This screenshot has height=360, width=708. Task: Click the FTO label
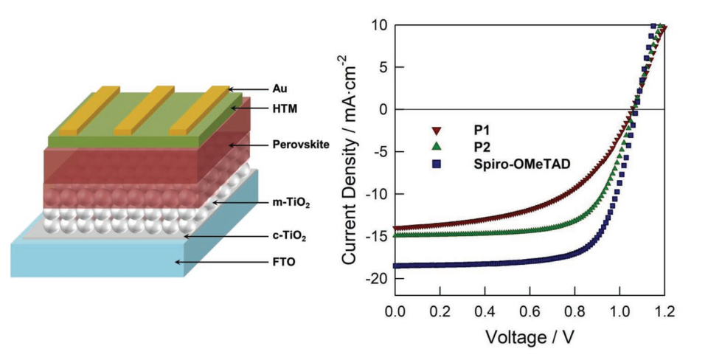click(262, 262)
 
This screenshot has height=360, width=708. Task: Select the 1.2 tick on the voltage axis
click(665, 312)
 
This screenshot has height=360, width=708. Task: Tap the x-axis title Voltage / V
click(530, 337)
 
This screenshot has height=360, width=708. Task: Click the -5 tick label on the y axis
click(381, 152)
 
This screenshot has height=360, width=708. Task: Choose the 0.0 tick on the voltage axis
click(395, 312)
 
